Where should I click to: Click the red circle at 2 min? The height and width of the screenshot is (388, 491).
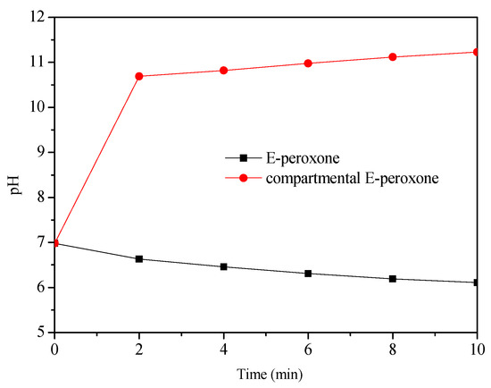[x=139, y=76]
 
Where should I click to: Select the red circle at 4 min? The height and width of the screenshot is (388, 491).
[x=224, y=71]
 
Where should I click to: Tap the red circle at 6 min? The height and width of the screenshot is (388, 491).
[x=308, y=63]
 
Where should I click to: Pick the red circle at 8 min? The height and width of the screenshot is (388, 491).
[x=393, y=57]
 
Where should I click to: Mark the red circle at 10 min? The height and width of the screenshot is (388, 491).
[x=477, y=52]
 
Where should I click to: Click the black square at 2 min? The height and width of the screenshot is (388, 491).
[x=139, y=259]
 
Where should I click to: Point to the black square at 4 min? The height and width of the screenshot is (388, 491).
[x=224, y=266]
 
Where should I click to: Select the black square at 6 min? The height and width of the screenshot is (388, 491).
[x=308, y=274]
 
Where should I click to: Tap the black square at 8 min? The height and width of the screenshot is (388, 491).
[x=393, y=279]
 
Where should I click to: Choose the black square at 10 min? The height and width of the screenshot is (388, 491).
[x=477, y=283]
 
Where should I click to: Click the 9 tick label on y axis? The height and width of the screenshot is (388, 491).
[x=39, y=152]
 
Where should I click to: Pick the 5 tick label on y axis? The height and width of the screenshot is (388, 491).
[x=39, y=333]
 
